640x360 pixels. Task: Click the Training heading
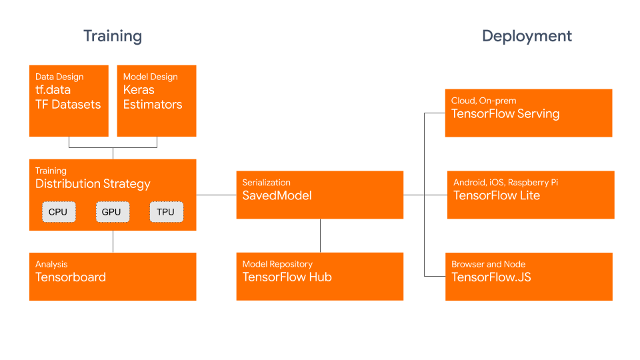pyautogui.click(x=113, y=36)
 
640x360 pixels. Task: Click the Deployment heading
pyautogui.click(x=527, y=36)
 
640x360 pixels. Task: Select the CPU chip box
pyautogui.click(x=59, y=212)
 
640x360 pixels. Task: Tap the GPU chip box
pyautogui.click(x=112, y=212)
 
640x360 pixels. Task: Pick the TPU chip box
pyautogui.click(x=166, y=212)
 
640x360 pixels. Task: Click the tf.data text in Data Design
pyautogui.click(x=53, y=90)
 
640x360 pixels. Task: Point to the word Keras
pyautogui.click(x=139, y=90)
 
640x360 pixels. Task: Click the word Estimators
pyautogui.click(x=153, y=105)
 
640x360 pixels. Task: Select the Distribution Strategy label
pyautogui.click(x=93, y=184)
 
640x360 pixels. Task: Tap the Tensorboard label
pyautogui.click(x=71, y=277)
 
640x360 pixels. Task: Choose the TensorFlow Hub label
pyautogui.click(x=287, y=277)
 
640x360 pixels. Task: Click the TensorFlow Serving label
pyautogui.click(x=505, y=114)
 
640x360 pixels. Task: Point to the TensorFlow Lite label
pyautogui.click(x=497, y=195)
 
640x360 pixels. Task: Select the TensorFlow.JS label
pyautogui.click(x=491, y=277)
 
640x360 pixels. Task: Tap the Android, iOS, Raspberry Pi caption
pyautogui.click(x=505, y=182)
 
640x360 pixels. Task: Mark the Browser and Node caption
pyautogui.click(x=488, y=264)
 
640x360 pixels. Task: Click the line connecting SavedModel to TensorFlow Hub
pyautogui.click(x=321, y=235)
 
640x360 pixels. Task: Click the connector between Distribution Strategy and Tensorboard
pyautogui.click(x=113, y=241)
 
